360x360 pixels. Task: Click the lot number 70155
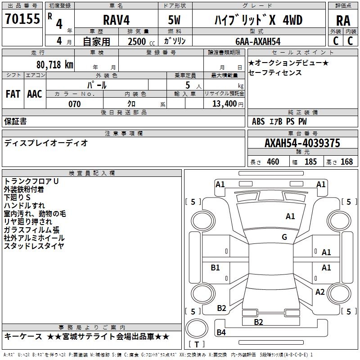(22, 19)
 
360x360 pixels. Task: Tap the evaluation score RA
(343, 21)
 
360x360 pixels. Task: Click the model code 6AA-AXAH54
(258, 41)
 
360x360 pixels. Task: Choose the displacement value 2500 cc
(139, 42)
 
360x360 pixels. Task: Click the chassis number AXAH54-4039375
(302, 144)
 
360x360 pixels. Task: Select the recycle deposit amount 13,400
(224, 104)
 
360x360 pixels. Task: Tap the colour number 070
(74, 104)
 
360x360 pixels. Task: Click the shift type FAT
(13, 94)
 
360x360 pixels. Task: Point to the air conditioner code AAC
(35, 94)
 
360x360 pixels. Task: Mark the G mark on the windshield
(284, 237)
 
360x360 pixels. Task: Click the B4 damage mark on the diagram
(221, 333)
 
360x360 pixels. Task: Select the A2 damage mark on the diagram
(320, 292)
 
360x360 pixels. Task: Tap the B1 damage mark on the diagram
(216, 268)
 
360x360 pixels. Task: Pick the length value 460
(273, 162)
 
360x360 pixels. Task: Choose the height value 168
(346, 162)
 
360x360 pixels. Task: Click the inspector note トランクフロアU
(31, 181)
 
